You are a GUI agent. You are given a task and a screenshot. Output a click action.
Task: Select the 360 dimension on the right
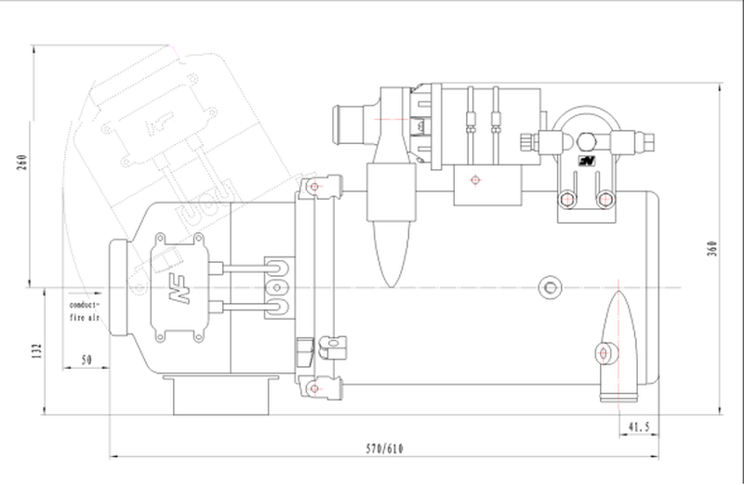pyautogui.click(x=711, y=249)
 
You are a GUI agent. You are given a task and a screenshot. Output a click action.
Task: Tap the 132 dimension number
pyautogui.click(x=37, y=350)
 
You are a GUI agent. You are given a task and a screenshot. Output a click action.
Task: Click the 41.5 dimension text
pyautogui.click(x=639, y=426)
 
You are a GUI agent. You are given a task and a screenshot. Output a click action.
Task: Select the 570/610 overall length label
pyautogui.click(x=384, y=449)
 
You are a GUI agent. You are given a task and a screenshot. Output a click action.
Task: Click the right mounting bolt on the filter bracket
pyautogui.click(x=607, y=197)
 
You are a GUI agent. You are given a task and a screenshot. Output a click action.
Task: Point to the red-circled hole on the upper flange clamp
pyautogui.click(x=315, y=189)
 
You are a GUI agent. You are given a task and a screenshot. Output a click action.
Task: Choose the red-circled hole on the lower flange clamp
pyautogui.click(x=315, y=384)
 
